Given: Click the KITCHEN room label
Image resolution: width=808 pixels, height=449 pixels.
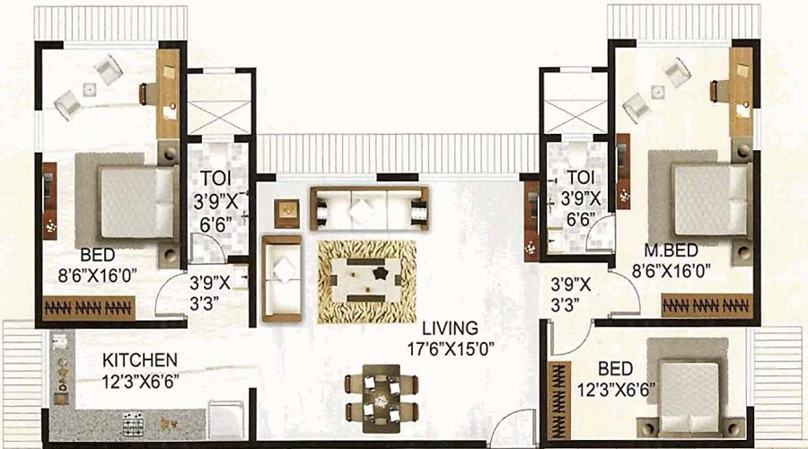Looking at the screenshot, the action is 140,359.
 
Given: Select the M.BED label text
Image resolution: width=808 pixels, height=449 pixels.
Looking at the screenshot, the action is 671,251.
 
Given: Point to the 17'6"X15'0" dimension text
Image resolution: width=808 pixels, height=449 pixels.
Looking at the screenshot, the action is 451,349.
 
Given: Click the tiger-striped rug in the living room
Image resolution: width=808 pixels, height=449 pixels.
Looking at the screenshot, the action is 367,281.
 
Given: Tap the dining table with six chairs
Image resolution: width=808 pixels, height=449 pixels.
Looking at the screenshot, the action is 382,398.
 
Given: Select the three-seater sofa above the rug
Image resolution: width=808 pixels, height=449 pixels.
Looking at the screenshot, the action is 369,207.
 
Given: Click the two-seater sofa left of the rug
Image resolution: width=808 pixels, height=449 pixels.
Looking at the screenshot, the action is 281,278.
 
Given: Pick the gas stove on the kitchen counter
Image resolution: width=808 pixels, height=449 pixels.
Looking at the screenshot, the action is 133,424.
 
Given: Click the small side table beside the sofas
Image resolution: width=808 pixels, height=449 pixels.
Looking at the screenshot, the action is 286,214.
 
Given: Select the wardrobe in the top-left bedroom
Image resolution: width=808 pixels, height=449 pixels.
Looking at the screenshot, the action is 89,308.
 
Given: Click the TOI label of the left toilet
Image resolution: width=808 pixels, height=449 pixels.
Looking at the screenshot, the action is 215,179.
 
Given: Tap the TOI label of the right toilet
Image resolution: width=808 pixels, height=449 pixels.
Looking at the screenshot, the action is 580,177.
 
